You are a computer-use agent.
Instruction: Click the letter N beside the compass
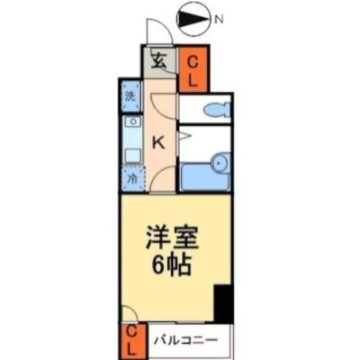click(219, 20)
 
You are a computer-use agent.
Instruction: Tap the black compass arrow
click(193, 20)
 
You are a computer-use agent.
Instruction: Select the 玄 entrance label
click(158, 62)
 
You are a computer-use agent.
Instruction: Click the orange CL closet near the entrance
click(193, 69)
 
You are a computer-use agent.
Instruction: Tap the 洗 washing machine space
click(130, 96)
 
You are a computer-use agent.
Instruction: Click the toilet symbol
click(217, 109)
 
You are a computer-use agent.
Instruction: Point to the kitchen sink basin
click(132, 121)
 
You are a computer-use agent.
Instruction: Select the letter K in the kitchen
click(158, 142)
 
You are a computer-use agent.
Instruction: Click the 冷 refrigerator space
click(132, 178)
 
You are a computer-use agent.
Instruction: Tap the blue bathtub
click(204, 177)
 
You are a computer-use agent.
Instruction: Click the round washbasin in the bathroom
click(220, 164)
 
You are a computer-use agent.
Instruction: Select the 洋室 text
click(172, 238)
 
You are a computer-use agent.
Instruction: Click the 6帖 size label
click(171, 265)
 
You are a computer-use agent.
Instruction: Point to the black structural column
click(223, 303)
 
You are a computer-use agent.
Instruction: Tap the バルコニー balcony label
click(185, 340)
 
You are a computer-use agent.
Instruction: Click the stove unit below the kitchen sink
click(132, 156)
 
